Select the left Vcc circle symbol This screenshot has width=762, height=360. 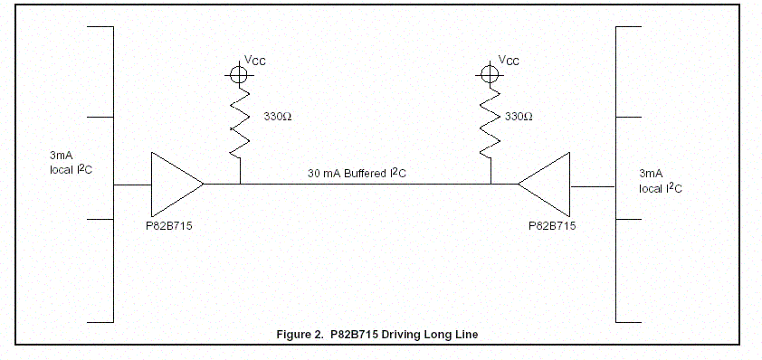click(239, 75)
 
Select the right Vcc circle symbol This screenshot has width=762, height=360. click(490, 75)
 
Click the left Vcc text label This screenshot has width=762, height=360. click(255, 61)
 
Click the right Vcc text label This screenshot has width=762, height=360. click(509, 61)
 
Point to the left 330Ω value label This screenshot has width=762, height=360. click(278, 117)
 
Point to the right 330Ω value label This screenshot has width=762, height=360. click(519, 117)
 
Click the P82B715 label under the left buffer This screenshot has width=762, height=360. click(169, 226)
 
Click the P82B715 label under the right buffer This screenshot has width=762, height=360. click(552, 226)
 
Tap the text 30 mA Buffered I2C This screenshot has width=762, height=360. click(357, 173)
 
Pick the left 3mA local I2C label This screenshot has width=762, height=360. click(71, 163)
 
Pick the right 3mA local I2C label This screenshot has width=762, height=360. click(661, 181)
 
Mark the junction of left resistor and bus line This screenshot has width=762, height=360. click(240, 185)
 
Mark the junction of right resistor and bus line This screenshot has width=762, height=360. click(491, 185)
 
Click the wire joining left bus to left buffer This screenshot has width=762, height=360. click(132, 185)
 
